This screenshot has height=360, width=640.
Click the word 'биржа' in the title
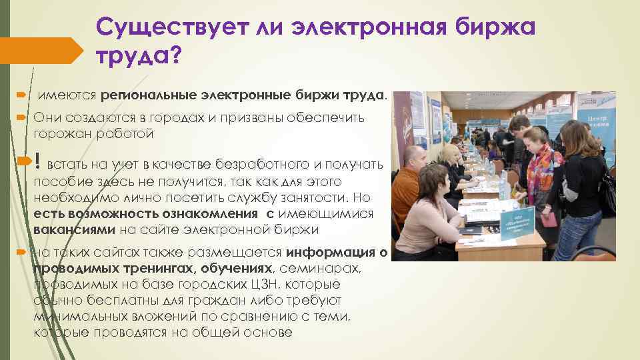(495, 27)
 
